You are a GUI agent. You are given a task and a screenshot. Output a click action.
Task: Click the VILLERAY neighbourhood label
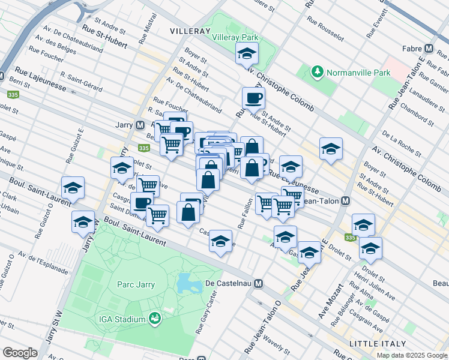point(190,30)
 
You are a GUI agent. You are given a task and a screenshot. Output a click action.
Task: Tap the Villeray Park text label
point(235,37)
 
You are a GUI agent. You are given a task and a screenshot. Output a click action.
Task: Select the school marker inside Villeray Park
point(246,55)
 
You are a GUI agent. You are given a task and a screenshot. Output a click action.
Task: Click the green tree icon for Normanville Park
point(318,73)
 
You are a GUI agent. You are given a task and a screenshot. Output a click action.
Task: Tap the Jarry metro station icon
point(140,125)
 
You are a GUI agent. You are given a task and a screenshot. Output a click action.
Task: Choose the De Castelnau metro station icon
point(259,283)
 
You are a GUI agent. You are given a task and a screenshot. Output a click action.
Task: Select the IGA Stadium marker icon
point(155,317)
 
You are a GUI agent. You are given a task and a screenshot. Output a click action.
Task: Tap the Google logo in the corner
point(20,352)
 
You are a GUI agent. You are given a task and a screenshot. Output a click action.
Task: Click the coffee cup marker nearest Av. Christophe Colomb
point(253,97)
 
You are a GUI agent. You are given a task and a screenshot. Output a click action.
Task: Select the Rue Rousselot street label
point(325,28)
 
